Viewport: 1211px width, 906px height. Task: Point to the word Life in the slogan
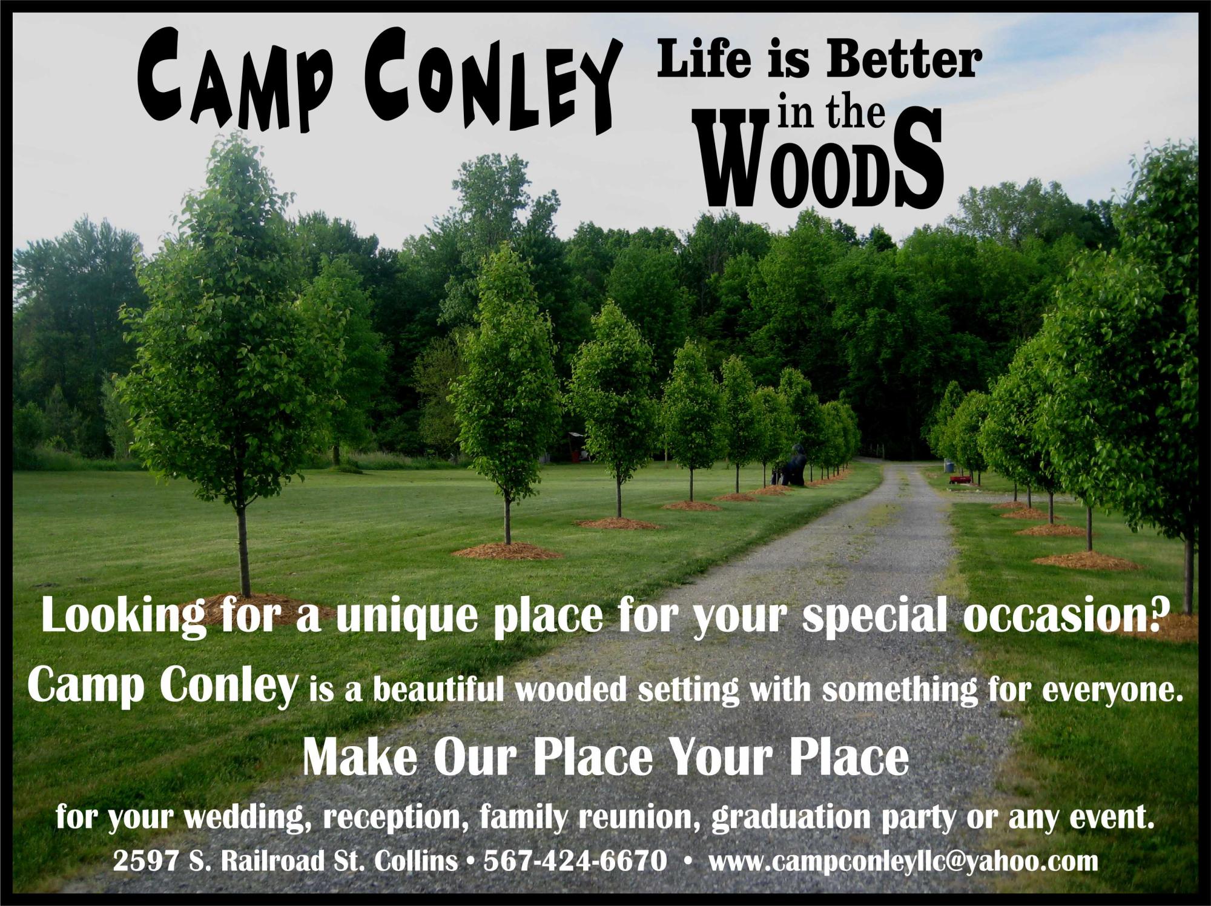pyautogui.click(x=704, y=62)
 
